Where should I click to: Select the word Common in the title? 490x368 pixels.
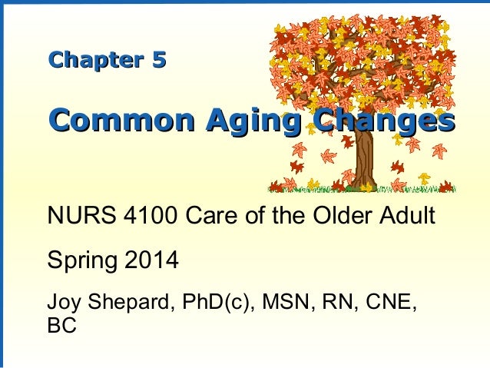point(113,122)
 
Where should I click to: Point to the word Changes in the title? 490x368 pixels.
point(382,124)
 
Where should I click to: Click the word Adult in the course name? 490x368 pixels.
point(409,217)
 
